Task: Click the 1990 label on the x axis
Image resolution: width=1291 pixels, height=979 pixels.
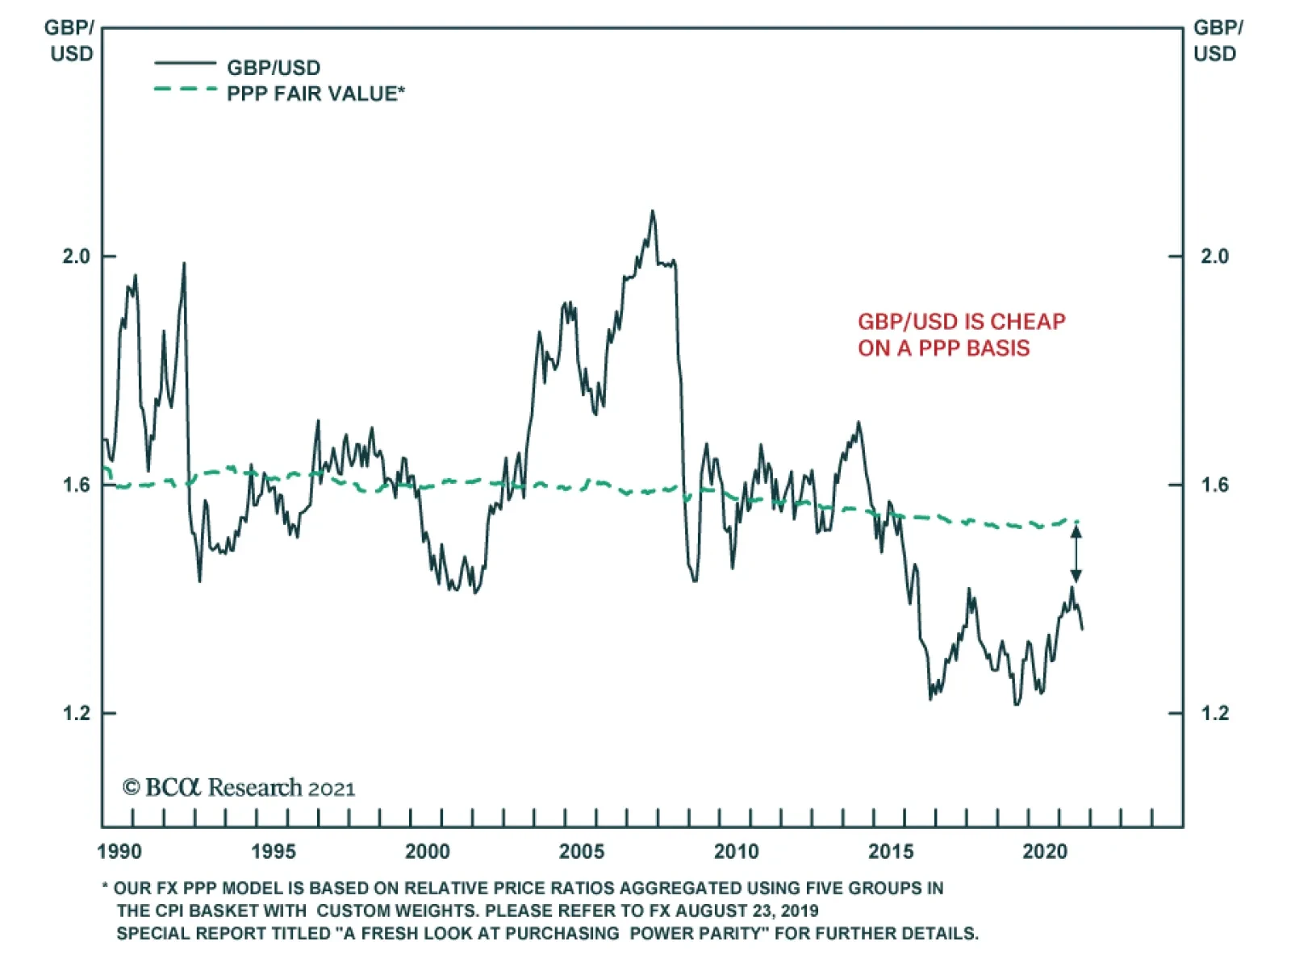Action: tap(119, 852)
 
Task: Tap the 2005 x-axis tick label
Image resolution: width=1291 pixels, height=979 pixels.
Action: tap(581, 852)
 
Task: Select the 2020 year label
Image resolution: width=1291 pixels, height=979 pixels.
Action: tap(1045, 852)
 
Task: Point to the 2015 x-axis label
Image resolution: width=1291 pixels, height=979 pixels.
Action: tap(891, 852)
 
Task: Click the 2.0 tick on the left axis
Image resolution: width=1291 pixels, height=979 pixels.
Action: tap(77, 256)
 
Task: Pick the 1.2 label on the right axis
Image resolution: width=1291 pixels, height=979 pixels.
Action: tap(1214, 713)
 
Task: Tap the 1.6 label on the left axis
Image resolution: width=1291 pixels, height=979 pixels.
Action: tap(77, 485)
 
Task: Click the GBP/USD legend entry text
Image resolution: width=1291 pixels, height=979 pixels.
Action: tap(274, 68)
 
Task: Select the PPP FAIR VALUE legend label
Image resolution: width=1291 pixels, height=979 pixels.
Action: tap(315, 94)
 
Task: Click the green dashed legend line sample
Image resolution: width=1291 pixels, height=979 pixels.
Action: tap(186, 89)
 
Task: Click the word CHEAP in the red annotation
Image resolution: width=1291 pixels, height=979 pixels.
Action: tap(1028, 322)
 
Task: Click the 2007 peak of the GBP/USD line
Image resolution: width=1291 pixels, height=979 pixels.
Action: tap(653, 212)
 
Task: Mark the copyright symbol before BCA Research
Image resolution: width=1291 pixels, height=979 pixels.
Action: tap(132, 787)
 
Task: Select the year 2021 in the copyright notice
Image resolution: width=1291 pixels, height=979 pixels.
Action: tap(332, 789)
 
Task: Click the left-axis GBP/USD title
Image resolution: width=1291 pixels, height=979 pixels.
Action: tap(69, 40)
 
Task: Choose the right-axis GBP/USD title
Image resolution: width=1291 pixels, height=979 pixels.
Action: tap(1218, 40)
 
